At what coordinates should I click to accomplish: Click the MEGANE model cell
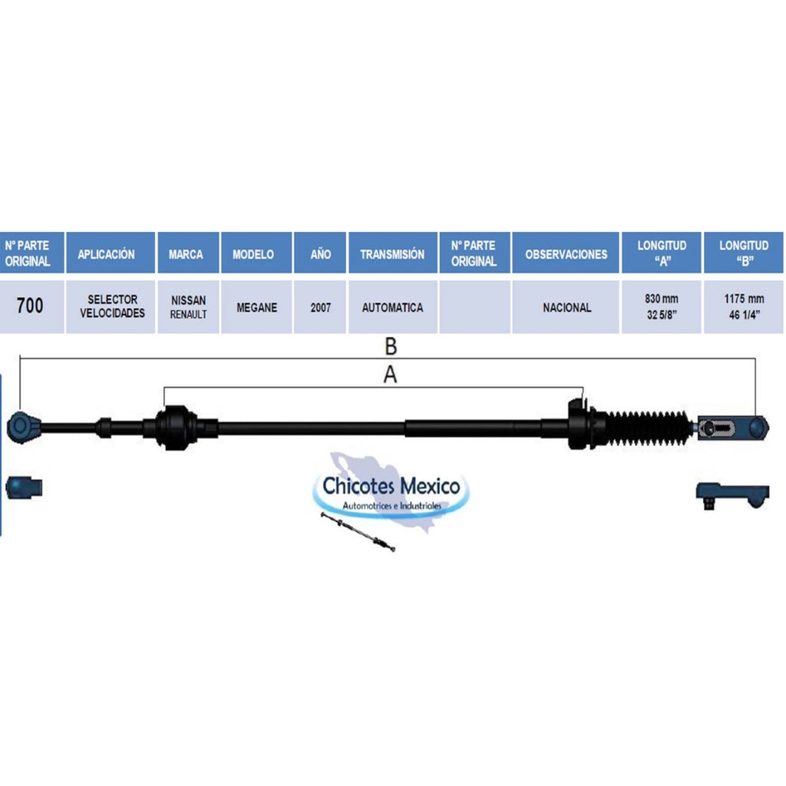click(256, 306)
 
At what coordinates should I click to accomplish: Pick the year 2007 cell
click(320, 306)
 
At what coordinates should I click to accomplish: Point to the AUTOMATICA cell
click(393, 306)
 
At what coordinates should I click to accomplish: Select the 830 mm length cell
click(661, 306)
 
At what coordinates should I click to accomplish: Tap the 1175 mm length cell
click(744, 306)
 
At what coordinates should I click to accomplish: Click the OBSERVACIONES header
click(566, 253)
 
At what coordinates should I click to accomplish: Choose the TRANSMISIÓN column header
click(393, 253)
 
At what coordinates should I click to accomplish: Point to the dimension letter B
click(391, 346)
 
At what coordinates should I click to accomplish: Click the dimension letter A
click(390, 375)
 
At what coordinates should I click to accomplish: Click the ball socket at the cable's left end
click(22, 427)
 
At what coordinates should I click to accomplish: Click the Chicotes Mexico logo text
click(391, 486)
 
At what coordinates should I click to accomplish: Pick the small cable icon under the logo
click(358, 532)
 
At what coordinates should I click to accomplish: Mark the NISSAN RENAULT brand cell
click(189, 306)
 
